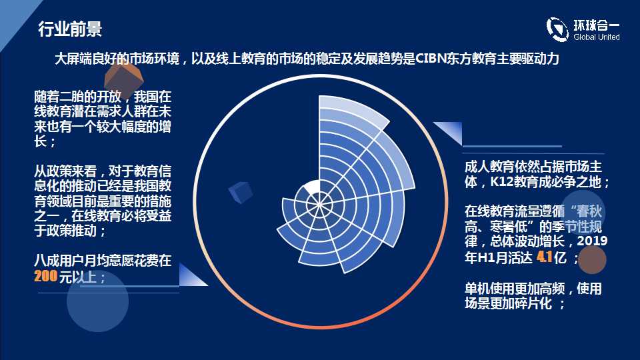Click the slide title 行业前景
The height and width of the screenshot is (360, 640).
[x=70, y=29]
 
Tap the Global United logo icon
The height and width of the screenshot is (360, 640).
[x=557, y=29]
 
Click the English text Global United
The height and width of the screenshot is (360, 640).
[x=596, y=37]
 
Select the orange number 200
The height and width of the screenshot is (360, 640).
[x=46, y=276]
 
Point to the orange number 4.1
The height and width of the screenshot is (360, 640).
[x=545, y=257]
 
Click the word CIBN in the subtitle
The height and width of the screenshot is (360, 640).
[x=431, y=59]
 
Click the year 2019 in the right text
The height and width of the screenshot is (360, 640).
[x=592, y=241]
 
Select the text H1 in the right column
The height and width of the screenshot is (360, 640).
[x=485, y=257]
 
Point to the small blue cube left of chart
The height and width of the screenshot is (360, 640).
[x=241, y=192]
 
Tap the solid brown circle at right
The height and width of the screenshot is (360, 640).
[x=592, y=260]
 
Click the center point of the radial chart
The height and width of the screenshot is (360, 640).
[x=319, y=204]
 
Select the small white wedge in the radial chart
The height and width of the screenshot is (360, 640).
[x=313, y=187]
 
